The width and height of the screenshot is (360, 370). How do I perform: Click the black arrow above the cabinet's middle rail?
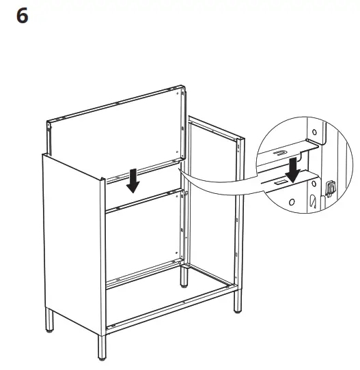(134, 181)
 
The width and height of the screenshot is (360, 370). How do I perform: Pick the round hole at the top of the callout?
(316, 131)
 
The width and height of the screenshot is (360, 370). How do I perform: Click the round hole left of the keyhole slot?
(292, 203)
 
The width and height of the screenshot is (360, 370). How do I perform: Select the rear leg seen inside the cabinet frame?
(184, 276)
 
